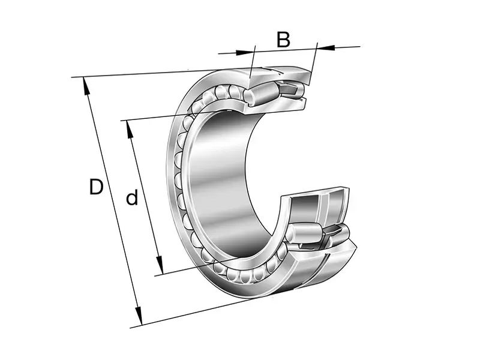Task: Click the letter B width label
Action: [x=283, y=40]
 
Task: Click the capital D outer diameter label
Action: [x=96, y=187]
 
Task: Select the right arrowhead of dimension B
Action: [x=325, y=47]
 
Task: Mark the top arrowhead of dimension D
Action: [x=86, y=86]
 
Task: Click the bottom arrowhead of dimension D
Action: [x=139, y=316]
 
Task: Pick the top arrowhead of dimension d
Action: [x=130, y=130]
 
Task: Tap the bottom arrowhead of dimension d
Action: [x=160, y=265]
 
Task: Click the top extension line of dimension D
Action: [x=161, y=73]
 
